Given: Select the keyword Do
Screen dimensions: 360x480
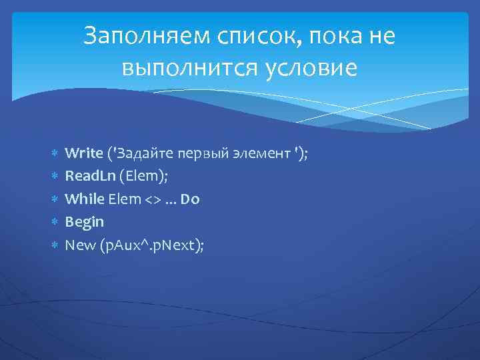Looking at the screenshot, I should pyautogui.click(x=190, y=199).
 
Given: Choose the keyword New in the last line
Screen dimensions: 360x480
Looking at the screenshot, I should pyautogui.click(x=79, y=245).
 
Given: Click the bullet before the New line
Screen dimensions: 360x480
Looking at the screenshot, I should pyautogui.click(x=55, y=245).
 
